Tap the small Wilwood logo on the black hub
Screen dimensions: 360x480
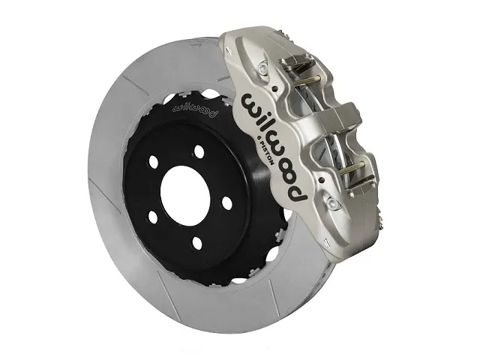click(x=193, y=110)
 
